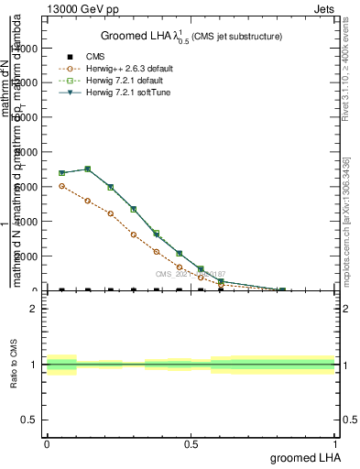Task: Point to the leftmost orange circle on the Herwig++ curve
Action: (61, 186)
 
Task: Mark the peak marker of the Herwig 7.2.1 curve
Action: (87, 169)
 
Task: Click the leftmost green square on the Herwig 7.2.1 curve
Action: (61, 172)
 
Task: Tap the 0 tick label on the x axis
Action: (47, 443)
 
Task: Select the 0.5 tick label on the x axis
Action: (191, 443)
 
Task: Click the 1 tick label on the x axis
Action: (335, 443)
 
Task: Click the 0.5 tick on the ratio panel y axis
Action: (29, 420)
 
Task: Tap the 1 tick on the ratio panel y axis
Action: (33, 365)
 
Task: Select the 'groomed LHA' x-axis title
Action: (302, 457)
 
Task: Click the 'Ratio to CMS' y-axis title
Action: (13, 364)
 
